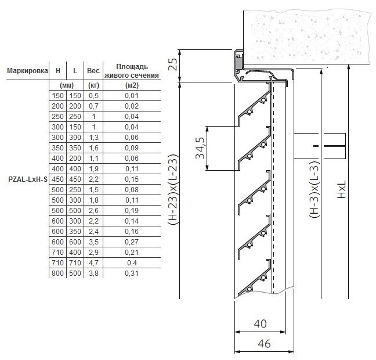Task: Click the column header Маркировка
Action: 27,71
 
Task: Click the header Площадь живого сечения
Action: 132,71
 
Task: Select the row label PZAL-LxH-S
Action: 28,179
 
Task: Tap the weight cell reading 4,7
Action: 93,263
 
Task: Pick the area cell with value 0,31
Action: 132,273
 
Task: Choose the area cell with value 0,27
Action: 132,242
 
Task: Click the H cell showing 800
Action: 58,273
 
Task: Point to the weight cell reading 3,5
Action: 93,242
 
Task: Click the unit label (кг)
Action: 93,85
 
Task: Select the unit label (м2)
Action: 132,85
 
